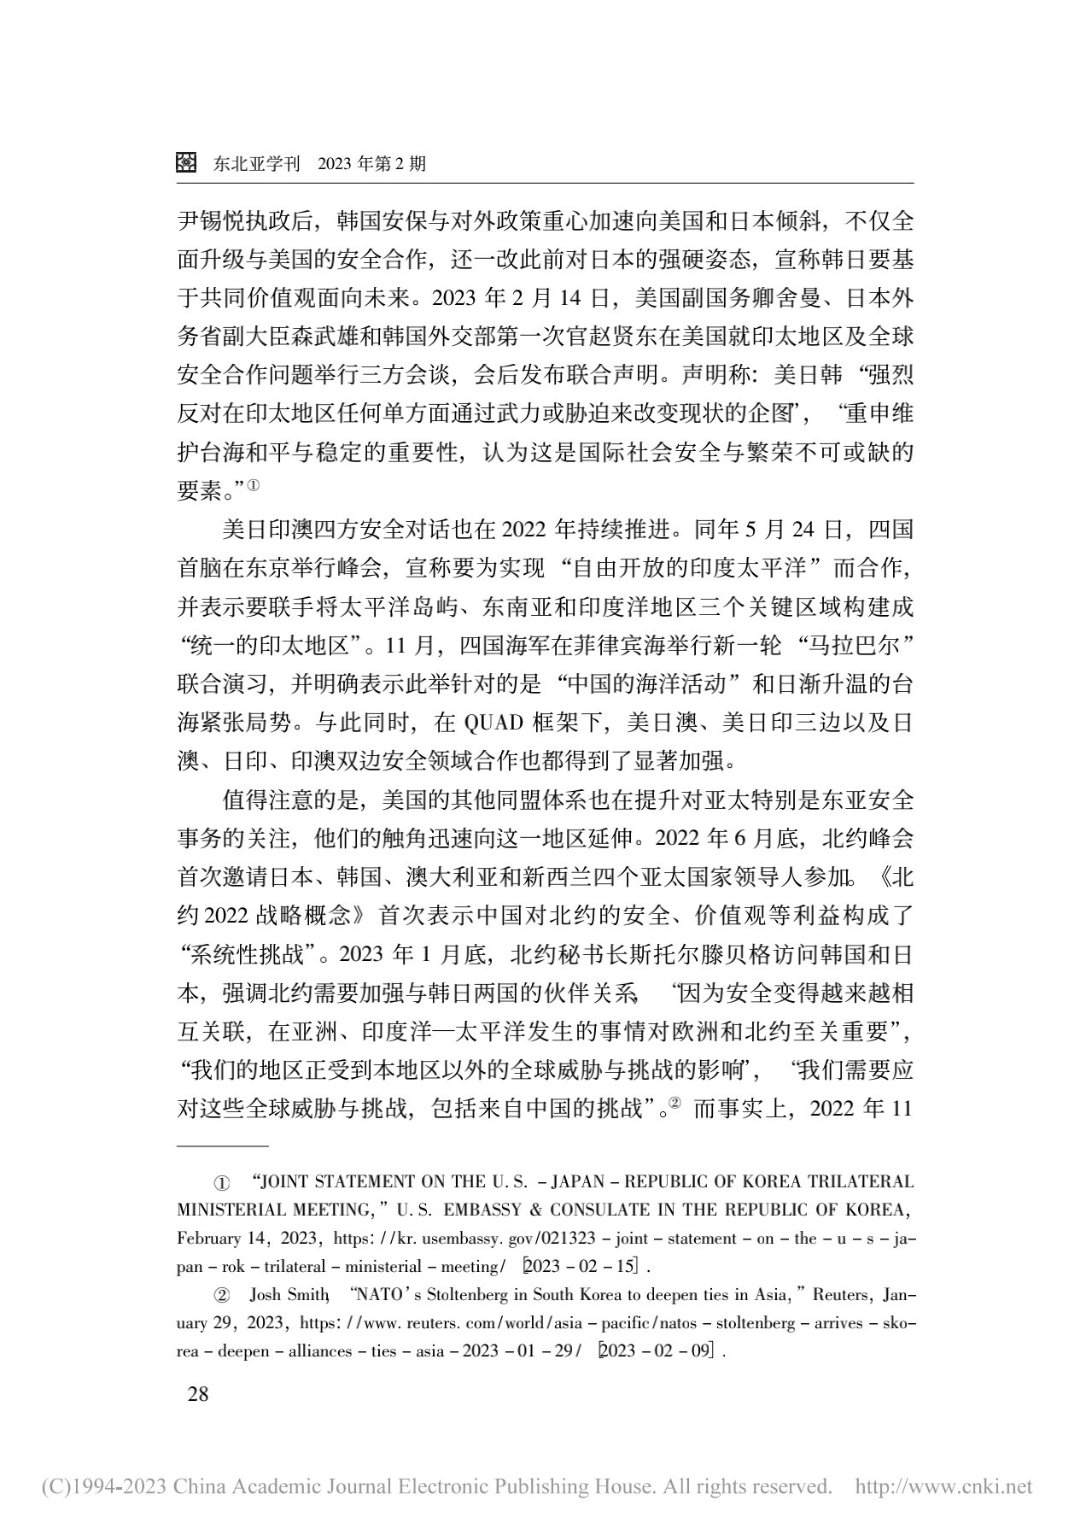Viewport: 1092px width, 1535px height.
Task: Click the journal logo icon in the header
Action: pos(187,162)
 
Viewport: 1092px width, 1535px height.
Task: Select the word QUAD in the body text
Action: pos(493,723)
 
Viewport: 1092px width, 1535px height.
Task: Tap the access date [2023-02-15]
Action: pos(587,1266)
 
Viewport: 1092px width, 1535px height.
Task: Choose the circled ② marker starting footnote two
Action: pos(220,1295)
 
